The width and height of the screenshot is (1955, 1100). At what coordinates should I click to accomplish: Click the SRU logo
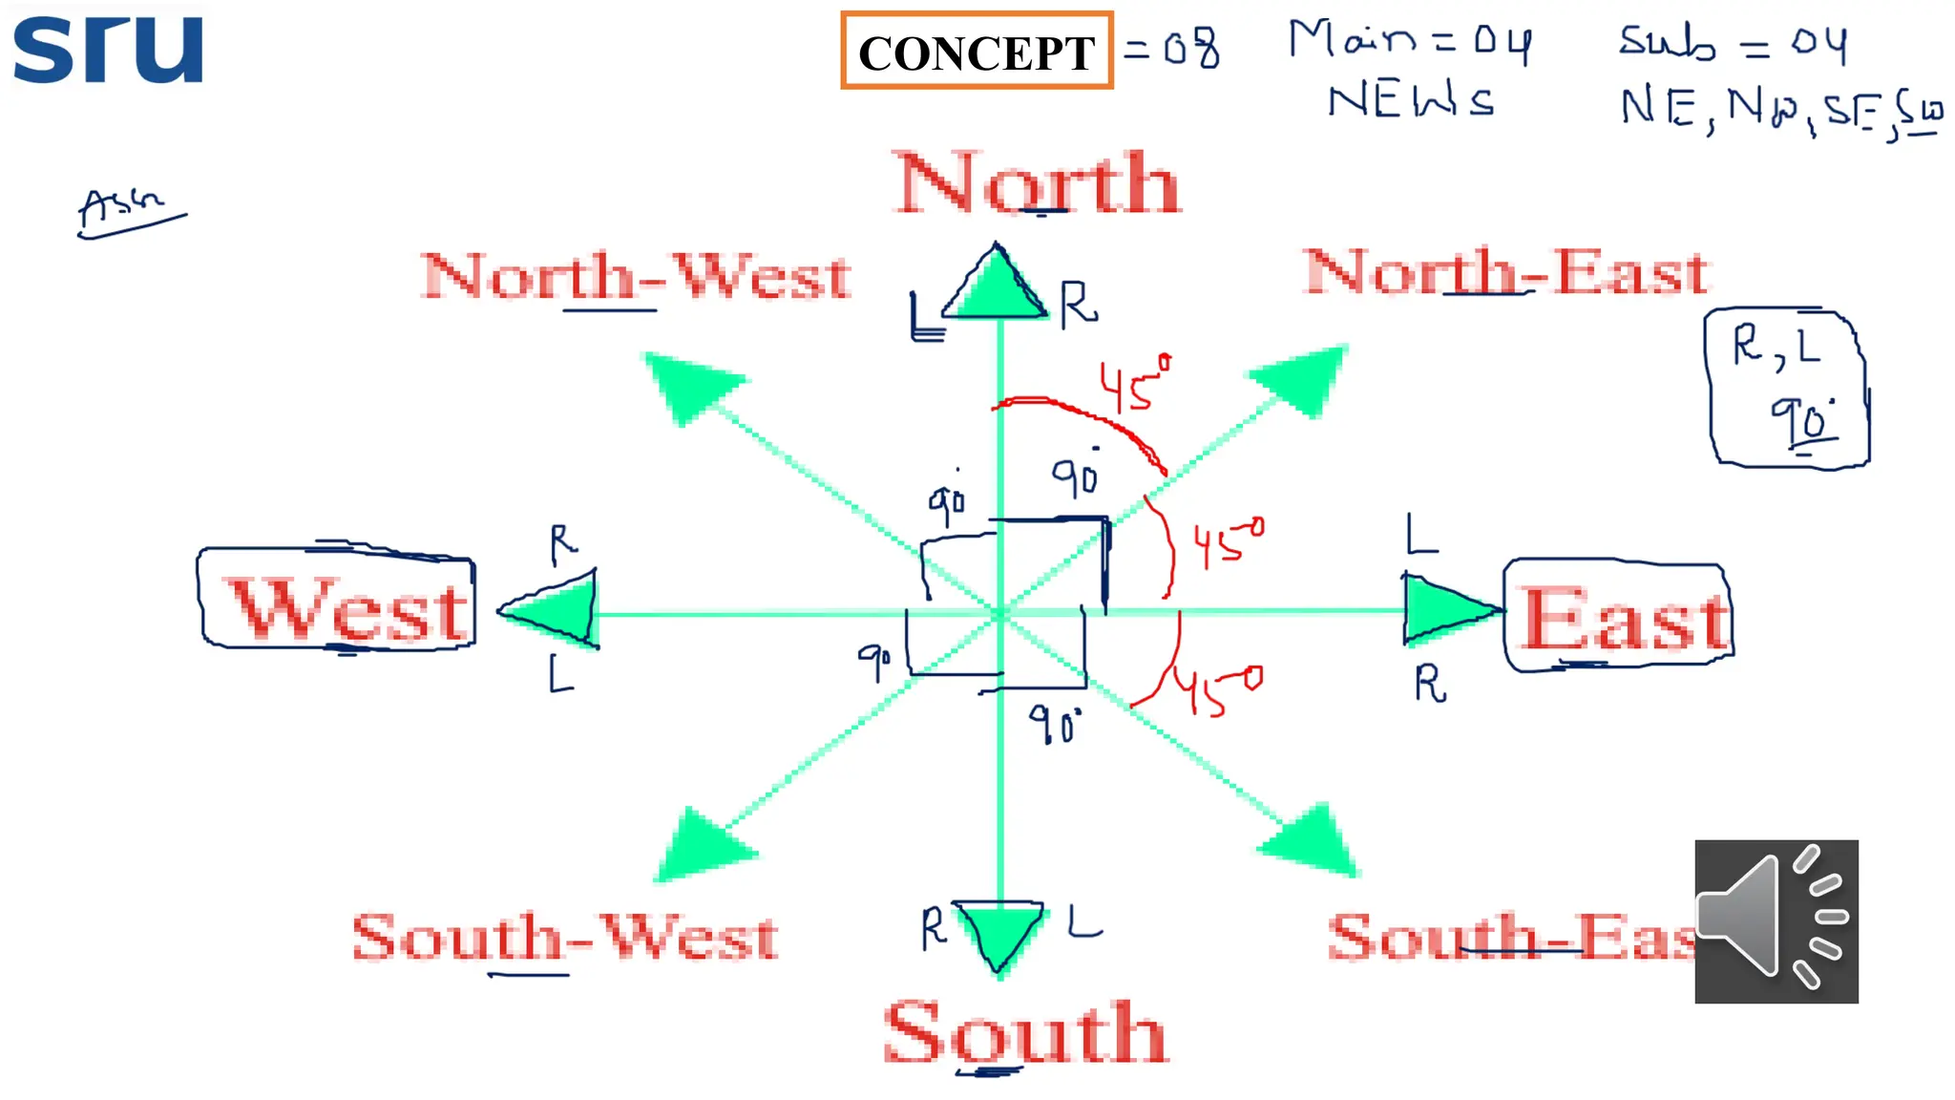point(108,49)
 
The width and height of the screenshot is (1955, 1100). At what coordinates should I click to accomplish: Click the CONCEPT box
point(977,52)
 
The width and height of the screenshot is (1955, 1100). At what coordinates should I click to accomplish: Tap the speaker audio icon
point(1776,920)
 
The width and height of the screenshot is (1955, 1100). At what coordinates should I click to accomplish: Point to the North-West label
point(636,277)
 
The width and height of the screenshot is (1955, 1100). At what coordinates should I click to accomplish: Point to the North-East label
point(1506,272)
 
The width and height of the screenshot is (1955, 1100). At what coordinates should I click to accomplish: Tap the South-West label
point(565,937)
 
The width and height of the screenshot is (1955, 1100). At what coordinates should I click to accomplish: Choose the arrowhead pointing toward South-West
point(700,845)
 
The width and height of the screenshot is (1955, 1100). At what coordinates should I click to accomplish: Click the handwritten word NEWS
point(1411,100)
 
